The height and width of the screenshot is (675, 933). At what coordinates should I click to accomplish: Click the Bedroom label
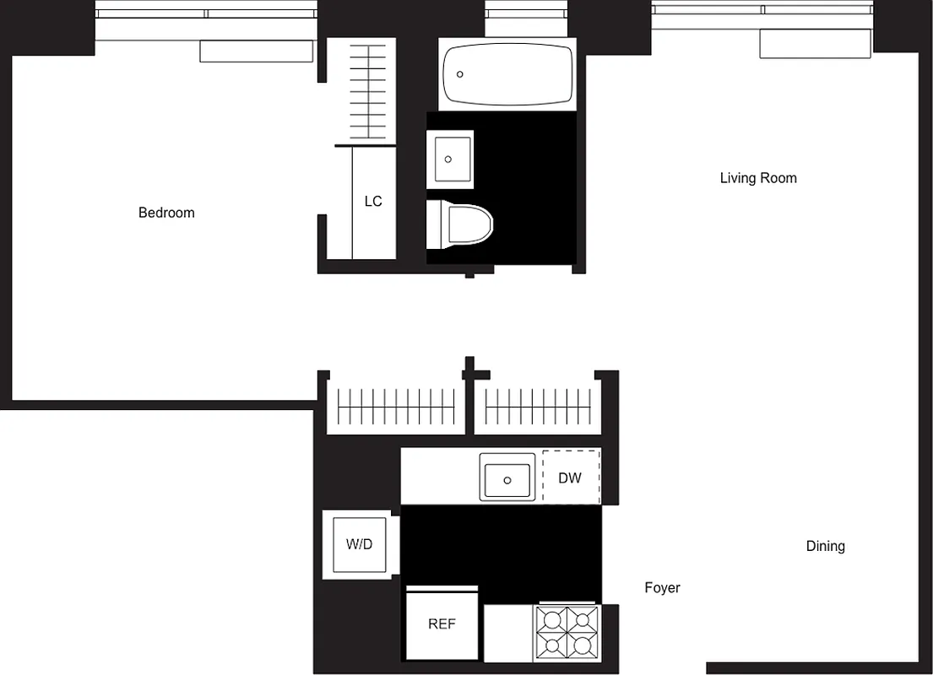(x=166, y=213)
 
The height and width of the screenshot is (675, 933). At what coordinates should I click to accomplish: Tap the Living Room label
(x=758, y=178)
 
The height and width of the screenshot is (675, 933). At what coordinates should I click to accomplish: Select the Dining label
(x=825, y=546)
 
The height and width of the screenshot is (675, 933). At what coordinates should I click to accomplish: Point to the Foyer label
(x=662, y=588)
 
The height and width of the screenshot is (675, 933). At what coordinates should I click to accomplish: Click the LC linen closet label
(x=373, y=202)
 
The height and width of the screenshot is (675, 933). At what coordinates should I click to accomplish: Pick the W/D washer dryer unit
(x=359, y=544)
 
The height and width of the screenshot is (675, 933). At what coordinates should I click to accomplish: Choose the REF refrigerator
(x=442, y=624)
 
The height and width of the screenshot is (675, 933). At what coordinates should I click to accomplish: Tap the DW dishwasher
(x=571, y=478)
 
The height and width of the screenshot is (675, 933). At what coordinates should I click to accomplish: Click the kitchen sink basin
(x=507, y=478)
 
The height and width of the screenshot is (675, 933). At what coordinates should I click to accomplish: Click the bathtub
(x=507, y=74)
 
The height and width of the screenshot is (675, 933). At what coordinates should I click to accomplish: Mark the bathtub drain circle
(x=460, y=74)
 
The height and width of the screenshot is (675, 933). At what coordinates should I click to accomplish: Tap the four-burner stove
(x=567, y=634)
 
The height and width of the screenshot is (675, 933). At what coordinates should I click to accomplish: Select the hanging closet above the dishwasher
(x=538, y=408)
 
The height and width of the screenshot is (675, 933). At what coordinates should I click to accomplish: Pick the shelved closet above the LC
(x=367, y=91)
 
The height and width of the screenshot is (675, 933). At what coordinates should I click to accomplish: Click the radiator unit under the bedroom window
(x=256, y=51)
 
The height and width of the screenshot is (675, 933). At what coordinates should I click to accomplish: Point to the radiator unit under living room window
(x=815, y=44)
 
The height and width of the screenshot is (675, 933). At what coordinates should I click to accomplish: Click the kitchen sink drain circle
(x=507, y=479)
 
